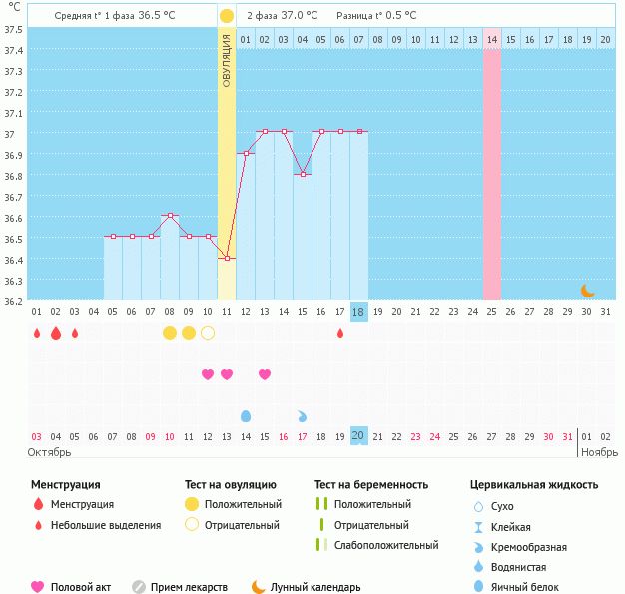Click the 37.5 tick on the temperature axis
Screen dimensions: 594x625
(13, 29)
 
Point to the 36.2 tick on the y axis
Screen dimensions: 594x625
(13, 301)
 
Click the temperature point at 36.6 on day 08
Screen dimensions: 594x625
(170, 215)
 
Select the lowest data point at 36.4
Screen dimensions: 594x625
(227, 259)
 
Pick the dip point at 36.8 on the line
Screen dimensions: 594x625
(303, 174)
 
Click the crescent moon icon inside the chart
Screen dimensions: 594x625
(588, 291)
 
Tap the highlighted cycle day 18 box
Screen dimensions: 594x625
(359, 312)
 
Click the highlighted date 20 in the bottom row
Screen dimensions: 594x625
(359, 436)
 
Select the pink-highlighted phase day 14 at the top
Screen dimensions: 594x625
(492, 39)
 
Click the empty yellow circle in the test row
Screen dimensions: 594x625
(208, 333)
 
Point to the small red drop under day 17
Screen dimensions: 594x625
(340, 333)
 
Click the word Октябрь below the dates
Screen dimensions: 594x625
(49, 452)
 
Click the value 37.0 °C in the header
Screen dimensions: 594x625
(299, 16)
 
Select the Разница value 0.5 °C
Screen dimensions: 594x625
(397, 16)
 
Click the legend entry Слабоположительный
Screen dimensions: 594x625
(387, 545)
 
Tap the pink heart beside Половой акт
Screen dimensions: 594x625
(38, 587)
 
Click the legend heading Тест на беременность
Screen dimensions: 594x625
(371, 485)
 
